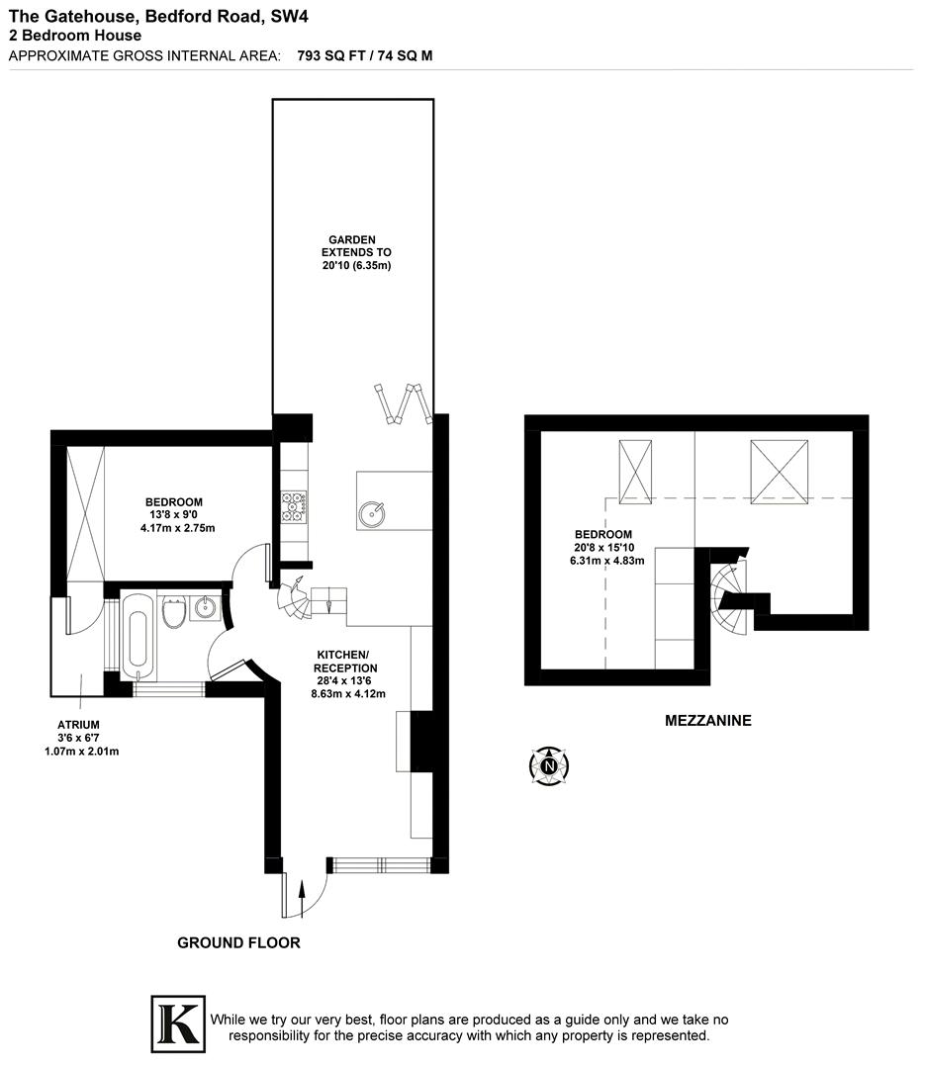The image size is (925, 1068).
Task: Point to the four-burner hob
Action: (294, 506)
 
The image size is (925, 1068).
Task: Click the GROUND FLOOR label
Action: (238, 942)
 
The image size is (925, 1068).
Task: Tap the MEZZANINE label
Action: (707, 721)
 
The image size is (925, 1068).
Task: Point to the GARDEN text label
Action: (353, 239)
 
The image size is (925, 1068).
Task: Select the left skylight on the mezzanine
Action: (636, 471)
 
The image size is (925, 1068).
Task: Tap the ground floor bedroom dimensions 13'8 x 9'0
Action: (177, 514)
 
